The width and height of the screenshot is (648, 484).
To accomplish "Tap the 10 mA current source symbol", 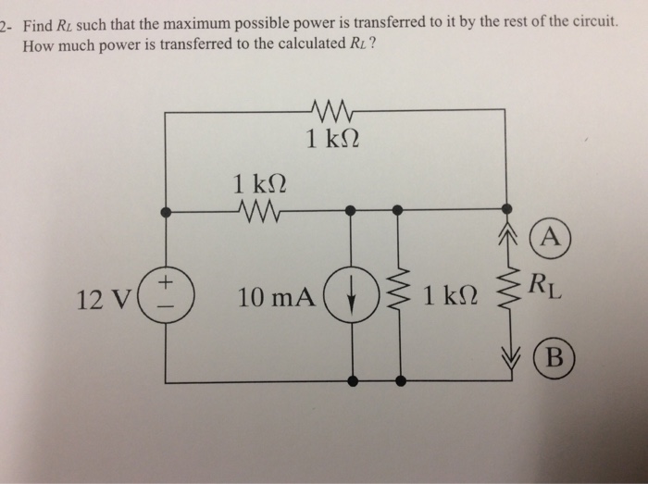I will [353, 297].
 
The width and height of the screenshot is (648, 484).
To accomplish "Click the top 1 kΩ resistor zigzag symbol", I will [330, 111].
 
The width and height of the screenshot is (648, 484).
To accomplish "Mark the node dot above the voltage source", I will [167, 211].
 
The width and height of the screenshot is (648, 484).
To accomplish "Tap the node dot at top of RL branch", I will [506, 211].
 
